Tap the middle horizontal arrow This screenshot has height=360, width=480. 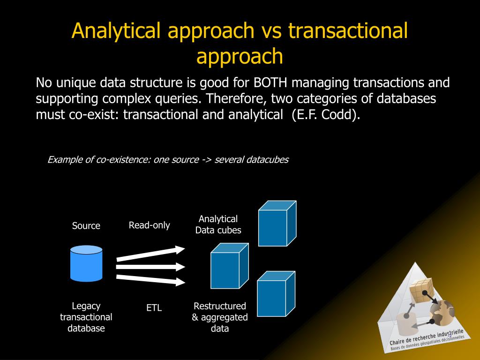151,267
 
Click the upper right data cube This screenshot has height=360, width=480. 277,224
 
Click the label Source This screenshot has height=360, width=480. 86,226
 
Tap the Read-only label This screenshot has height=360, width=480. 150,225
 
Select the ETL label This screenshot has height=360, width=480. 154,308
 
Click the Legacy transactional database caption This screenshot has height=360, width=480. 86,317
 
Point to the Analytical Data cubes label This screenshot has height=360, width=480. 218,225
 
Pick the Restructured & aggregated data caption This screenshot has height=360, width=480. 220,317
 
